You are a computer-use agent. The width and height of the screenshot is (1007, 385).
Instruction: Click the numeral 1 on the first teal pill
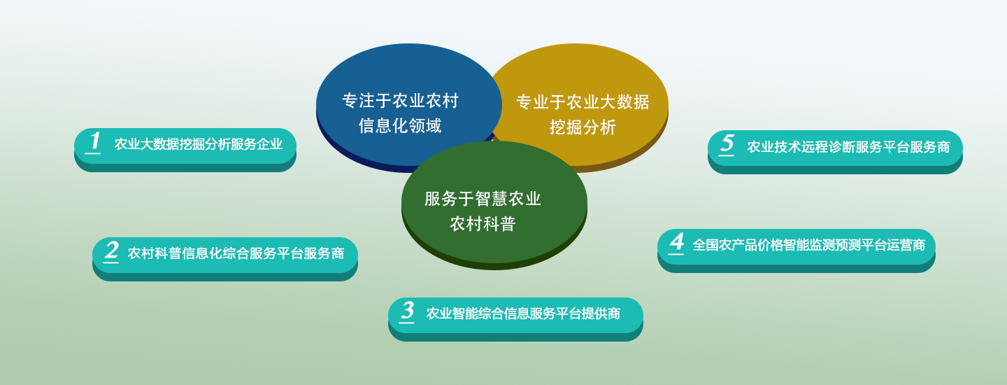pyautogui.click(x=94, y=141)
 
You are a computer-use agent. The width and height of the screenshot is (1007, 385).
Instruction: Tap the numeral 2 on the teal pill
pyautogui.click(x=111, y=251)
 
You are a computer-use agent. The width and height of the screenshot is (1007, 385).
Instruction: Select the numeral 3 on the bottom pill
pyautogui.click(x=408, y=310)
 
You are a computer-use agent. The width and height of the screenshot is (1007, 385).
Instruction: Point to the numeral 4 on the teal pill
pyautogui.click(x=677, y=242)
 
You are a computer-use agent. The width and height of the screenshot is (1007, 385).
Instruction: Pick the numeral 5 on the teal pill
pyautogui.click(x=727, y=143)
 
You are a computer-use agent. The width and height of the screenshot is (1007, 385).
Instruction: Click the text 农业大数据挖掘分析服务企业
pyautogui.click(x=199, y=144)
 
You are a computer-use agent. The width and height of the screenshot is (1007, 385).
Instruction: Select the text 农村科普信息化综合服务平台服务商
pyautogui.click(x=236, y=253)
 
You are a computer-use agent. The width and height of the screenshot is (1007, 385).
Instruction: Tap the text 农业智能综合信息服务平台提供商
pyautogui.click(x=523, y=314)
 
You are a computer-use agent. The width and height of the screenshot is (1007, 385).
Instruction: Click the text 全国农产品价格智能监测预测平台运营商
pyautogui.click(x=809, y=245)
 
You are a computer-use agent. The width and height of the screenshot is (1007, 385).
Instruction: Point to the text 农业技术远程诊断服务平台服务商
pyautogui.click(x=849, y=146)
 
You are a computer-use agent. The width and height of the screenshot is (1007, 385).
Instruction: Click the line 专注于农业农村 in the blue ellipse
pyautogui.click(x=400, y=101)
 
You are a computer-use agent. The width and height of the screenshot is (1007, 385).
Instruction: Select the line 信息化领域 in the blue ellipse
pyautogui.click(x=400, y=126)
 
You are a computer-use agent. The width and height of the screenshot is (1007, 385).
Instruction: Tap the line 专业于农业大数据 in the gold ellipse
pyautogui.click(x=583, y=102)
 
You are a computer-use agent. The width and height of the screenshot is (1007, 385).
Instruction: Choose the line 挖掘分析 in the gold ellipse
pyautogui.click(x=583, y=127)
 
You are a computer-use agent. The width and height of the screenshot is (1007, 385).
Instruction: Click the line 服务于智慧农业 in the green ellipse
pyautogui.click(x=483, y=199)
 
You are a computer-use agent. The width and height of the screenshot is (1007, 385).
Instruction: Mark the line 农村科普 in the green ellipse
pyautogui.click(x=483, y=224)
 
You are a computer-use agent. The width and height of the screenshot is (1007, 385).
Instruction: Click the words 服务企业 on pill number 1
pyautogui.click(x=257, y=144)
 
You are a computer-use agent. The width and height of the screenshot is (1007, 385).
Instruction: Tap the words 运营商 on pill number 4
pyautogui.click(x=906, y=245)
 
